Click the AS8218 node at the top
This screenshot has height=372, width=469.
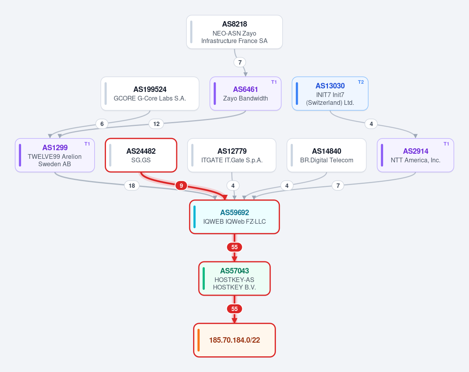coord(234,32)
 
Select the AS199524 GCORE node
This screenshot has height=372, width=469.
coord(150,93)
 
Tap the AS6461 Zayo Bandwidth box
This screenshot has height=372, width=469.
coord(245,93)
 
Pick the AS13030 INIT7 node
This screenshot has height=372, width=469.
coord(330,93)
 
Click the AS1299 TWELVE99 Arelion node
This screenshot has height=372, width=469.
coord(55,155)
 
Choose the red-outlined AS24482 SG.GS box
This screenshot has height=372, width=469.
coord(141,155)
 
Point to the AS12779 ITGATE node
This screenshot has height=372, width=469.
coord(232,155)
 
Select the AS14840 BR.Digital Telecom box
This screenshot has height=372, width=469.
coord(326,155)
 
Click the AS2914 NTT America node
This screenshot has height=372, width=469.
coord(415,155)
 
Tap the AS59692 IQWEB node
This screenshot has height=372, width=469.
coord(234,217)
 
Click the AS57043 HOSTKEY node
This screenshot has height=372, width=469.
coord(234,279)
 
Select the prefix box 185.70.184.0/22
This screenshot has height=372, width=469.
coord(234,340)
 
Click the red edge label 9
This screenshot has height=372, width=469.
coord(181,186)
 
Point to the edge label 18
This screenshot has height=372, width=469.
coord(132,186)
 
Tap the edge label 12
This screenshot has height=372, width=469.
coord(156,124)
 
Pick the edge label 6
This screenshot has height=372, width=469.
coord(102,124)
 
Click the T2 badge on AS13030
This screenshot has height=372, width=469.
coord(361,82)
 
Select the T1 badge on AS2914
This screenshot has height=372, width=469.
coord(446,144)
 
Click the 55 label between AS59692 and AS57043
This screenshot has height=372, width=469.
coord(234,247)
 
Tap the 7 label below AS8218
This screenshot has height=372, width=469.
coord(240,63)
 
